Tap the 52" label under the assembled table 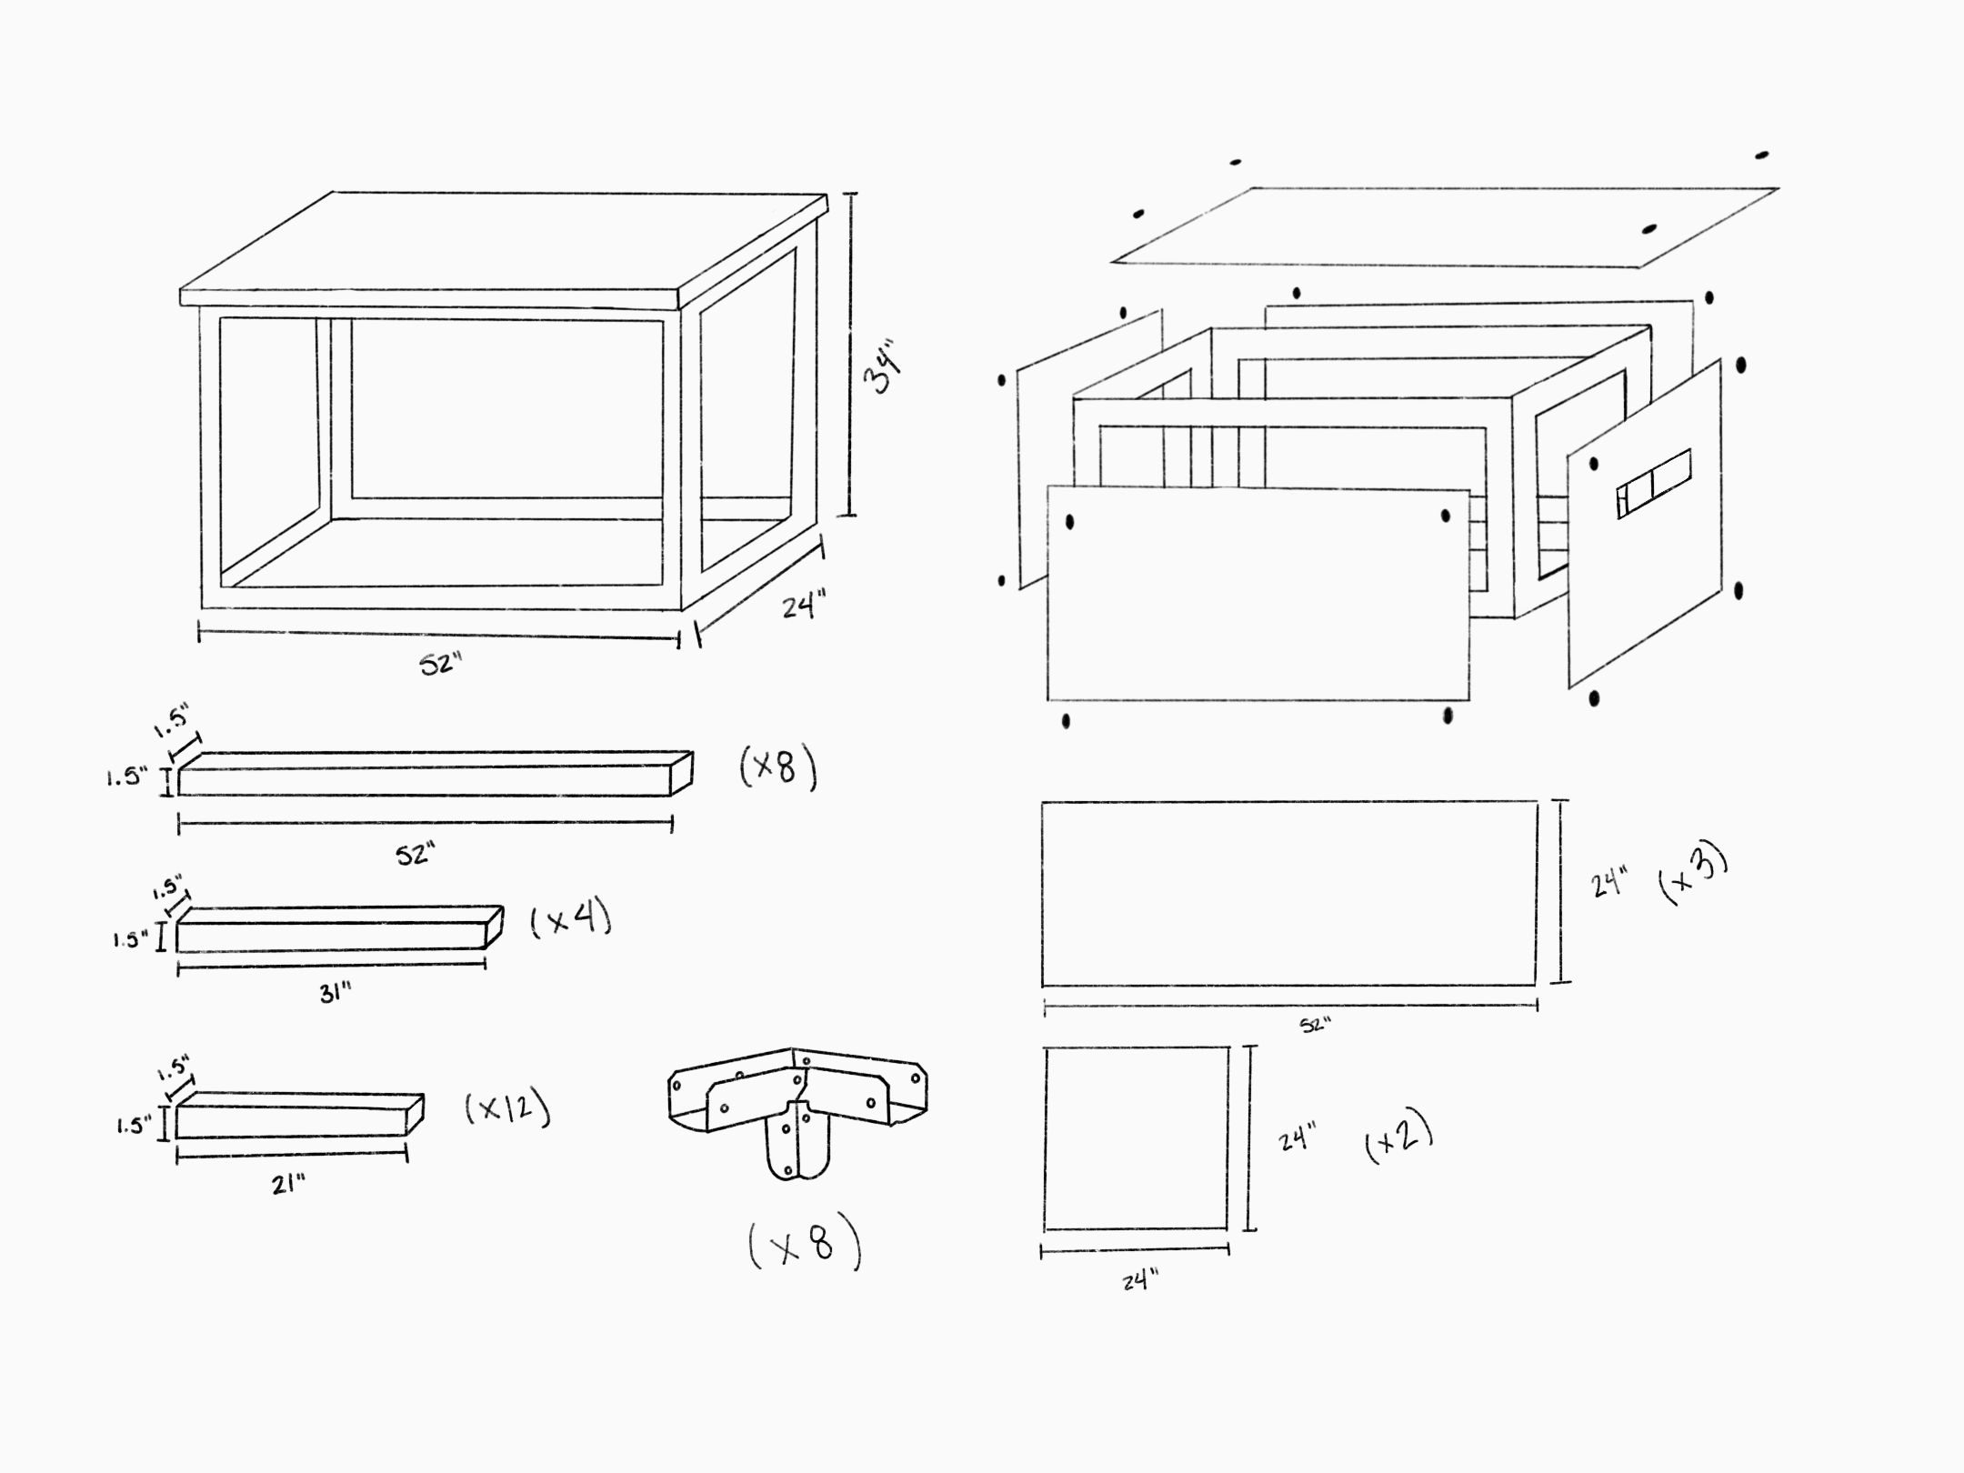point(441,665)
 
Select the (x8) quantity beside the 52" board point(777,769)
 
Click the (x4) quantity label point(570,921)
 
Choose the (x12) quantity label point(507,1108)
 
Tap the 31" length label point(335,994)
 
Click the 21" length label point(288,1184)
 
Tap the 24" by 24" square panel point(1136,1138)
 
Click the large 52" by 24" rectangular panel point(1288,894)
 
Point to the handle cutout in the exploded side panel point(1653,484)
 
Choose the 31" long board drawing point(336,930)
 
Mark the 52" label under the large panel point(1315,1025)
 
